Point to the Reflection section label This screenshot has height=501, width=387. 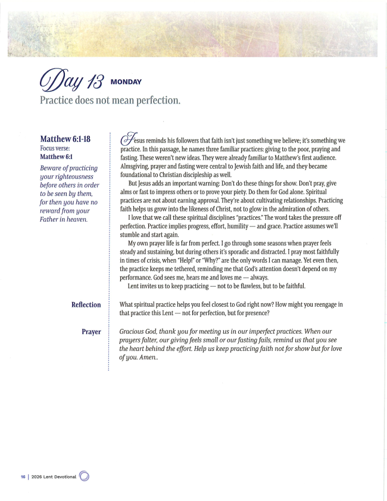(86, 304)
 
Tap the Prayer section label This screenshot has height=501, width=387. (91, 331)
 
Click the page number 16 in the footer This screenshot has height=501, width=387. (23, 477)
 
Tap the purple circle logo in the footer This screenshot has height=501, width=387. (84, 476)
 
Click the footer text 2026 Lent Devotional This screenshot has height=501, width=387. (54, 477)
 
